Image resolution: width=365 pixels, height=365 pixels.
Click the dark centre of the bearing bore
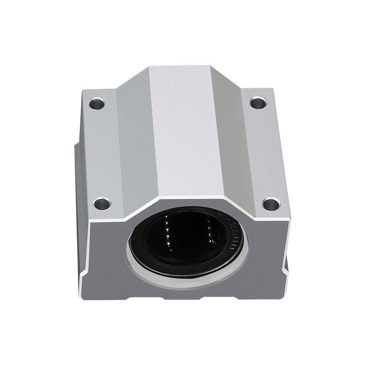[187, 237]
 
